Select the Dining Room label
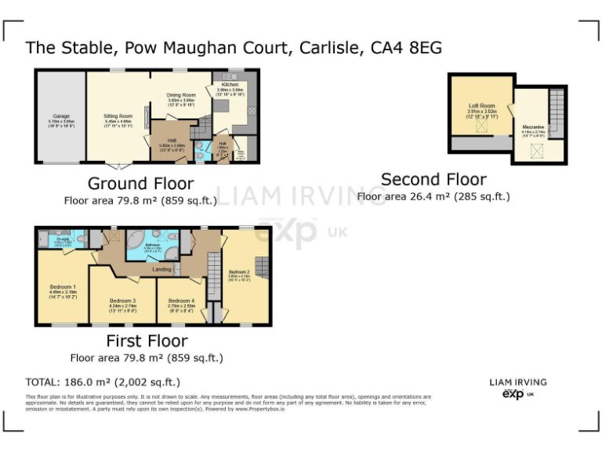tap(181, 96)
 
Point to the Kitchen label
tap(230, 85)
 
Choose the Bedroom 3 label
tap(123, 301)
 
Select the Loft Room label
tap(482, 105)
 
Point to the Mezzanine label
tap(533, 126)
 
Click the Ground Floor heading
tap(140, 184)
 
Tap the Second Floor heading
tap(433, 180)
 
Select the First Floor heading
tap(147, 341)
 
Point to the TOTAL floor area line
tap(103, 382)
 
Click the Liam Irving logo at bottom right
tap(518, 388)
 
